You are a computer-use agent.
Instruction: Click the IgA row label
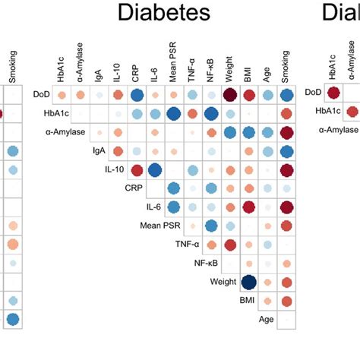click(x=99, y=151)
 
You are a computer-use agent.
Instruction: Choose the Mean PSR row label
click(x=160, y=225)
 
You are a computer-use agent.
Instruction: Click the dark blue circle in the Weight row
click(x=248, y=282)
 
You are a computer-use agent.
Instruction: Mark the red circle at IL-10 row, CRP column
click(x=137, y=169)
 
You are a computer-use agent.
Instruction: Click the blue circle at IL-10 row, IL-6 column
click(x=156, y=169)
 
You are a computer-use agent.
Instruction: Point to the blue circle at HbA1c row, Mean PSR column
click(x=174, y=114)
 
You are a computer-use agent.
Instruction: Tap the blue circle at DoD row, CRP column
click(x=137, y=95)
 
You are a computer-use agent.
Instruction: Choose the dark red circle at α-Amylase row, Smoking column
click(x=286, y=132)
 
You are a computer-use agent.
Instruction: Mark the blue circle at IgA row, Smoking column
click(x=286, y=151)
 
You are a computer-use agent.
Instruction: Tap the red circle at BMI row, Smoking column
click(x=286, y=301)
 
